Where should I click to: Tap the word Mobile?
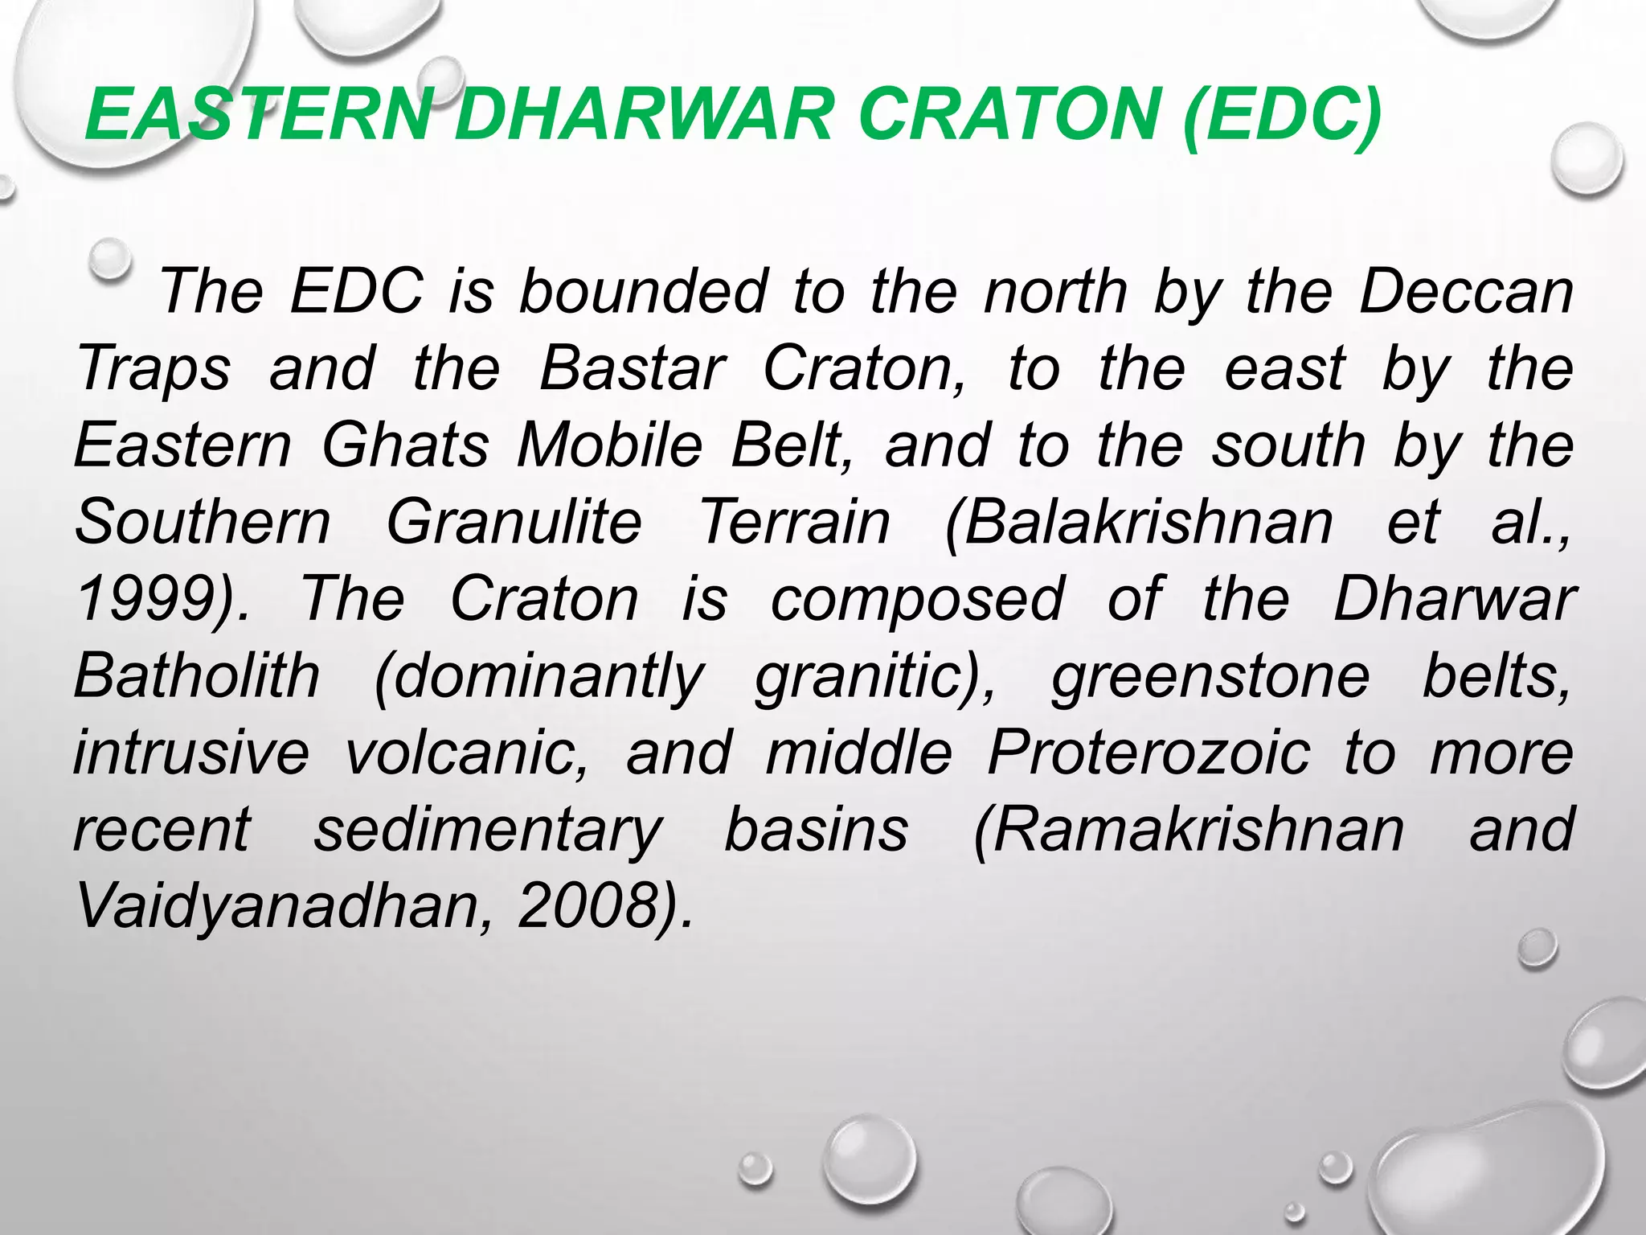pyautogui.click(x=610, y=445)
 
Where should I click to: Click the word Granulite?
pyautogui.click(x=514, y=523)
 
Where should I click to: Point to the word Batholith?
pyautogui.click(x=197, y=676)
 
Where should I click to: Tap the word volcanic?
pyautogui.click(x=465, y=753)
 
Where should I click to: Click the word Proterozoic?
pyautogui.click(x=1149, y=753)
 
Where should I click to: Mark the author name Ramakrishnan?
pyautogui.click(x=1189, y=831)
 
